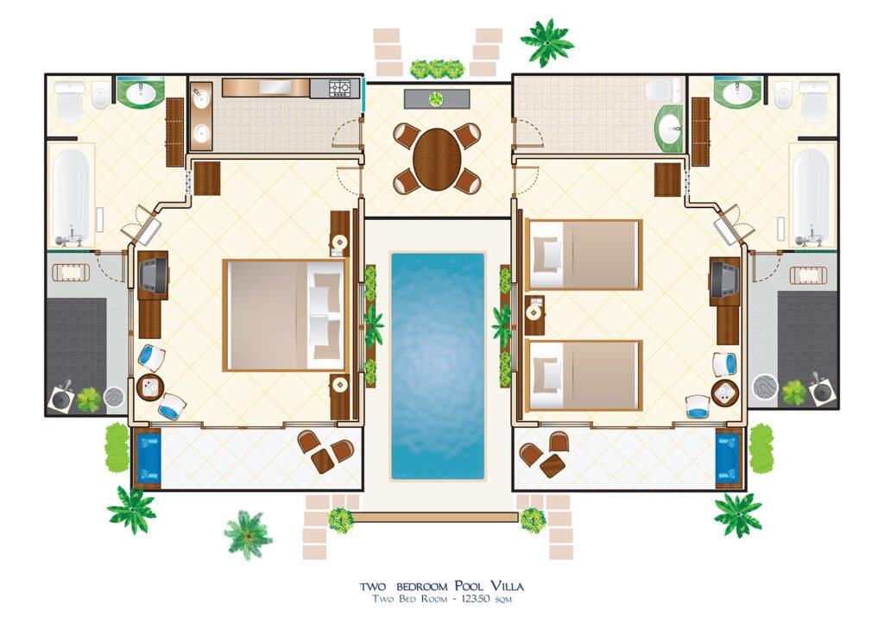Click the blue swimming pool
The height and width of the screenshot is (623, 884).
(437, 364)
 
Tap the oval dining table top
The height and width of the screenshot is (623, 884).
(437, 159)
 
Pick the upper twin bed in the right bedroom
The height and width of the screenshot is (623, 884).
(584, 255)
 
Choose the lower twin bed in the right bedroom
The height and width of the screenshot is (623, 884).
(584, 375)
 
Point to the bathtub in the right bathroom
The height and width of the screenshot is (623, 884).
(811, 197)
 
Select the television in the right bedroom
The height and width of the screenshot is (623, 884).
(723, 278)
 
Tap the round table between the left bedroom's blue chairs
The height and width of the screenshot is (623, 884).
(150, 387)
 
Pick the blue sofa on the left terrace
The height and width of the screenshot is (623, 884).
(148, 458)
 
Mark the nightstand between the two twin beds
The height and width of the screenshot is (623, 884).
(534, 314)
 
